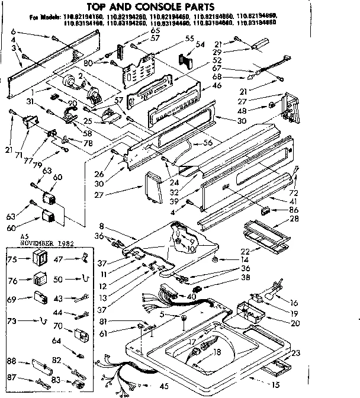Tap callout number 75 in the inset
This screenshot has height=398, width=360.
(x=11, y=259)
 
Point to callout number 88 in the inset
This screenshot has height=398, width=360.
(x=11, y=361)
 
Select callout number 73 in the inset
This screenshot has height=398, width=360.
(x=11, y=320)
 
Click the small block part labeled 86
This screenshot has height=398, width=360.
(x=265, y=210)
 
